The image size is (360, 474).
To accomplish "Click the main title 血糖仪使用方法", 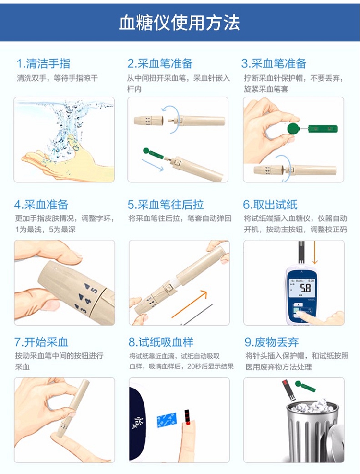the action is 179,23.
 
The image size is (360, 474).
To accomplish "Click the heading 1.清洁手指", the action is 44,64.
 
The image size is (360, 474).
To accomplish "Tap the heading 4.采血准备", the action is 41,205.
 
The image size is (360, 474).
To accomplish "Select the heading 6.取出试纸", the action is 270,205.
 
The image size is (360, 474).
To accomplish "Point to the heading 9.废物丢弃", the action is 271,342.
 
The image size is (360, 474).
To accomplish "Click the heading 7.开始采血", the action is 41,342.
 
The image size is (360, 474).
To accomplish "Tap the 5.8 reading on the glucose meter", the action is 305,288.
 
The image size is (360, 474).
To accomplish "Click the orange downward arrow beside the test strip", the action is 315,253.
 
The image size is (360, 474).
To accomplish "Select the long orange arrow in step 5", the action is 190,304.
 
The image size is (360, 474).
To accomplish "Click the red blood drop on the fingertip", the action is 188,424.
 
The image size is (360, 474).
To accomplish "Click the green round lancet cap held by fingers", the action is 293,129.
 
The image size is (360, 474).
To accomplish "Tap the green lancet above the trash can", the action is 305,386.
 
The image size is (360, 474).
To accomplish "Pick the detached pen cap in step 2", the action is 149,121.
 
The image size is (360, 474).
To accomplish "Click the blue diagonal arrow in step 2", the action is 153,165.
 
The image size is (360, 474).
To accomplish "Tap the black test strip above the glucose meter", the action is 301,253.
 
